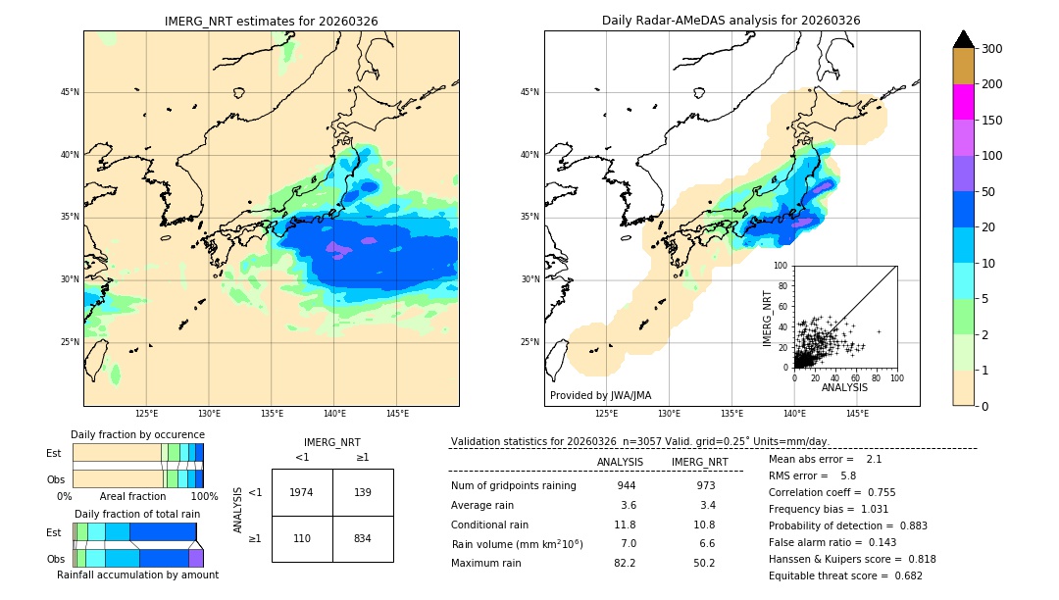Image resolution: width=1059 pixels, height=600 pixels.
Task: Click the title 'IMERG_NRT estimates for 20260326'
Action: [x=271, y=21]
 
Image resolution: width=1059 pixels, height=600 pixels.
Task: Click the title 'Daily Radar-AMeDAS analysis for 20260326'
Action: [x=731, y=21]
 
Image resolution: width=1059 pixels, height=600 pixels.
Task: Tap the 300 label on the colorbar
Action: [x=991, y=49]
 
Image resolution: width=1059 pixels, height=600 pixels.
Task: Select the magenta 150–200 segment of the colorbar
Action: [x=963, y=102]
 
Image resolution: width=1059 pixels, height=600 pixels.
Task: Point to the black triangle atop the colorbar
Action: [x=963, y=39]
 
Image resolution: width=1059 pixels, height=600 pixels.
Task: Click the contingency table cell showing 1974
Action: [x=301, y=492]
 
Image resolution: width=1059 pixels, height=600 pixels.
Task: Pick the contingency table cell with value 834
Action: [x=363, y=539]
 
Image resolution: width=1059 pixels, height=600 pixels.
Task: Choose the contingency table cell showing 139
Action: [x=363, y=492]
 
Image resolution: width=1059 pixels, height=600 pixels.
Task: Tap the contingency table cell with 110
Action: [x=301, y=539]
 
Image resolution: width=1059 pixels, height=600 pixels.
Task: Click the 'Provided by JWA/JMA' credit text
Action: [x=600, y=395]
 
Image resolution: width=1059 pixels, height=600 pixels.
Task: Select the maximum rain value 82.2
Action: [x=625, y=563]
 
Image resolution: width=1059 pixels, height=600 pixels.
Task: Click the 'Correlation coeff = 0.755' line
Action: [x=832, y=492]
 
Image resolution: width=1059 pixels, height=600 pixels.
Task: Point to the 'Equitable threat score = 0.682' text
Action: [x=845, y=575]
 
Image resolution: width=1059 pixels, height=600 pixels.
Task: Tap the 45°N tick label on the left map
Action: [x=70, y=92]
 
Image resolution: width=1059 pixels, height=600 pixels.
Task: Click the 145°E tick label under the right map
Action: [x=857, y=414]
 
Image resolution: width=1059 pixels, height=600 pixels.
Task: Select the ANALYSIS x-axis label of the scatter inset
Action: [x=844, y=387]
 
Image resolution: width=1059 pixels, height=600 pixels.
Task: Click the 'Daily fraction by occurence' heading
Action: [x=137, y=434]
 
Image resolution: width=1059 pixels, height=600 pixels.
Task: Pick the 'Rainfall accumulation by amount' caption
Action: [x=137, y=575]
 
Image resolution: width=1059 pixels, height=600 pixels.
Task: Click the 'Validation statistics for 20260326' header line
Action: [x=639, y=441]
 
